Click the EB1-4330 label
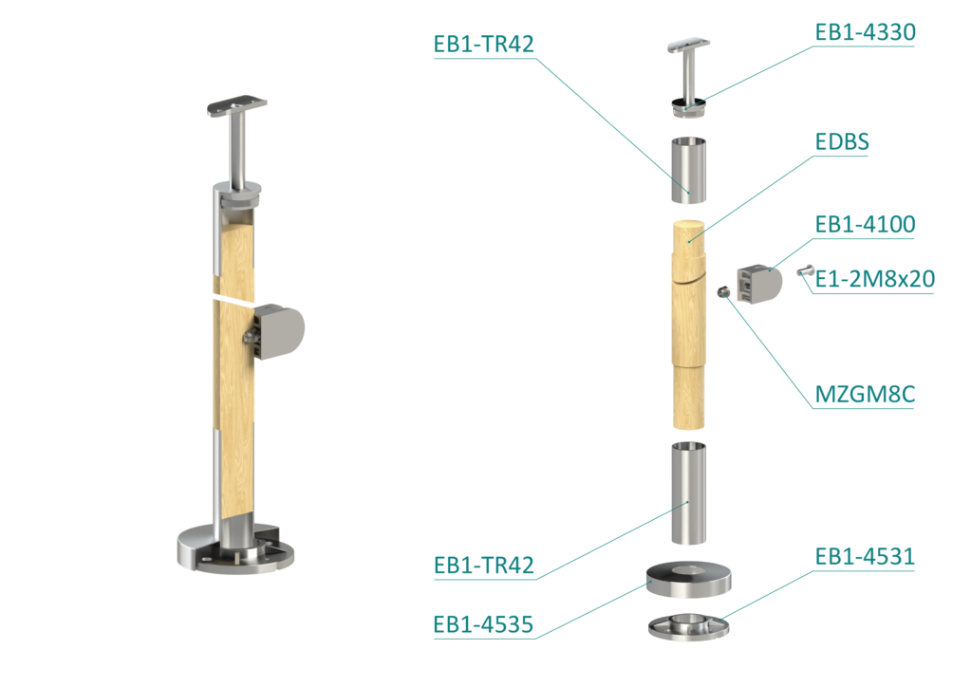pyautogui.click(x=865, y=32)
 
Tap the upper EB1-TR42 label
pyautogui.click(x=483, y=45)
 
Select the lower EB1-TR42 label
pyautogui.click(x=483, y=566)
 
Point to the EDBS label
pyautogui.click(x=842, y=141)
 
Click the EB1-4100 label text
pyautogui.click(x=865, y=224)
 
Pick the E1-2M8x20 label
pyautogui.click(x=874, y=279)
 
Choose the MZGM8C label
pyautogui.click(x=865, y=394)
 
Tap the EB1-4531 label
pyautogui.click(x=865, y=556)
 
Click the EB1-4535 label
pyautogui.click(x=483, y=624)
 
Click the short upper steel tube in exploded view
pyautogui.click(x=688, y=170)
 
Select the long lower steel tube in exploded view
pyautogui.click(x=688, y=493)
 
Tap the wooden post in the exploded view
pyautogui.click(x=688, y=325)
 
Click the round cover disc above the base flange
pyautogui.click(x=688, y=581)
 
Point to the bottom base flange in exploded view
pyautogui.click(x=688, y=626)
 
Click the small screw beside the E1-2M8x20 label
pyautogui.click(x=805, y=270)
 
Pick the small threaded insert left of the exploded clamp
pyautogui.click(x=722, y=291)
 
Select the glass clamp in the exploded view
pyautogui.click(x=759, y=284)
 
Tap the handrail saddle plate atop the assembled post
pyautogui.click(x=237, y=105)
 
